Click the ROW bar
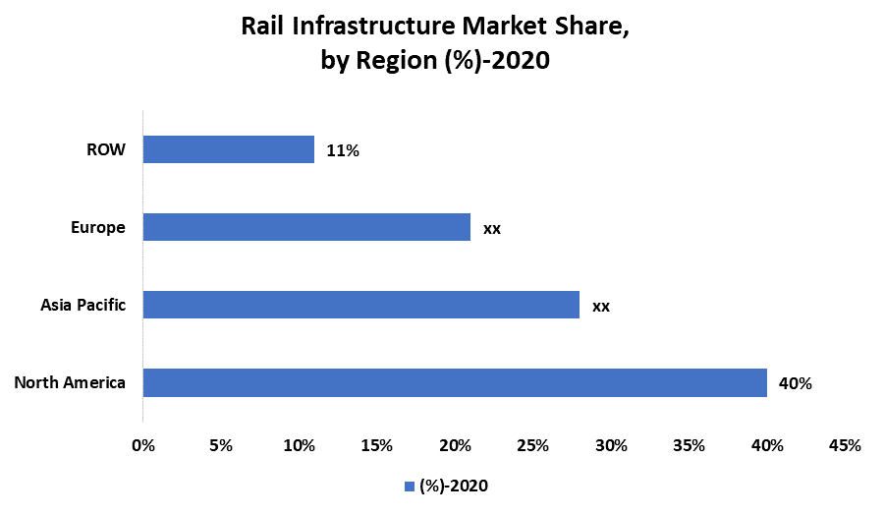tap(228, 149)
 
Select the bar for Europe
tap(306, 227)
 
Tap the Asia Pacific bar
tap(360, 305)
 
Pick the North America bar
tap(455, 382)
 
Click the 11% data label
tap(344, 150)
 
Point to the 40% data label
tap(795, 383)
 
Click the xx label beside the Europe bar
tap(492, 228)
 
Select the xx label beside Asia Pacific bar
tap(600, 306)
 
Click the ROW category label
tap(105, 149)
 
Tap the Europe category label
tap(97, 227)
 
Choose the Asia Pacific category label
tap(83, 305)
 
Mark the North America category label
tap(70, 382)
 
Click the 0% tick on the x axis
tap(143, 445)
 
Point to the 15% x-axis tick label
tap(377, 445)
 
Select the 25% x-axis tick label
tap(533, 445)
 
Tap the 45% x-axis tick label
tap(845, 445)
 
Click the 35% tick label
tap(689, 445)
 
